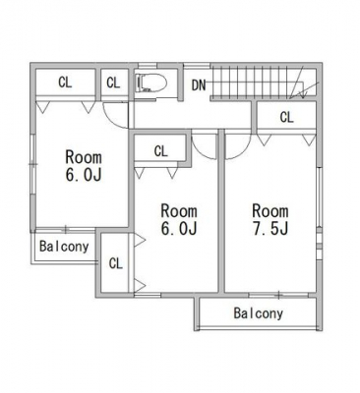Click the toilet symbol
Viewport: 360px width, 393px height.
151,83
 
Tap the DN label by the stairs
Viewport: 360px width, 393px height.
199,85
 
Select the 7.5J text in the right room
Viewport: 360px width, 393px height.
270,229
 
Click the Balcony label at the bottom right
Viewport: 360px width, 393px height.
258,313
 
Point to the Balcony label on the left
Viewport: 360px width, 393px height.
64,247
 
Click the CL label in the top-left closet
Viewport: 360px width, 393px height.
65,83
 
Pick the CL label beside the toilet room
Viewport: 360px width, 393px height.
113,83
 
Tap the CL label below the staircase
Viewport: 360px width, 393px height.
286,117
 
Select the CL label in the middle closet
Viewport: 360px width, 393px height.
160,151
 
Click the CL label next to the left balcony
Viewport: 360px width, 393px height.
115,263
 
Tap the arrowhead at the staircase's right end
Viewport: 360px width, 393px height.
303,95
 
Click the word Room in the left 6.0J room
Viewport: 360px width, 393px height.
84,157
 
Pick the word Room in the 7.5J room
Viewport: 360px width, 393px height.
270,211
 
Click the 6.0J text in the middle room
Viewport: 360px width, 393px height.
179,228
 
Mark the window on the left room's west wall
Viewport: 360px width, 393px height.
32,165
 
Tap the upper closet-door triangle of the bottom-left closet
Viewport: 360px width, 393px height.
140,240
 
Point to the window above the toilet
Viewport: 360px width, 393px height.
147,66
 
